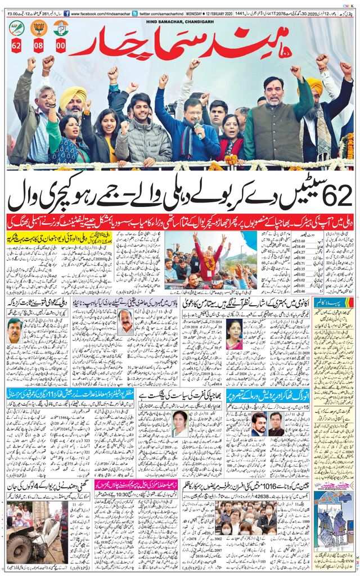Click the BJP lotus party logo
[39, 28]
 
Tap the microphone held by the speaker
[198, 130]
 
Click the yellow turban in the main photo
[73, 96]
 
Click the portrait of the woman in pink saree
[234, 333]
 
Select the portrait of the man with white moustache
[125, 322]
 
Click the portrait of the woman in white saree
[179, 423]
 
